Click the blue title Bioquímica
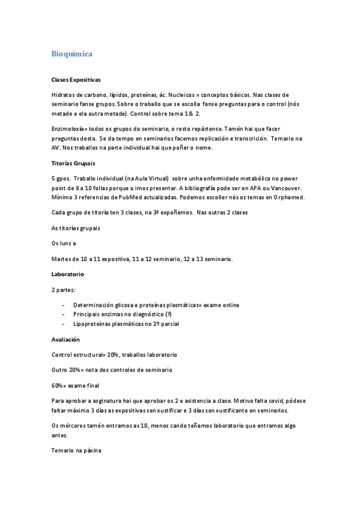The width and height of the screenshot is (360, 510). [x=72, y=54]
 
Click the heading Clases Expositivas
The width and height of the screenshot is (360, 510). [x=76, y=80]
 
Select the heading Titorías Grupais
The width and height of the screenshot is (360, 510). [x=74, y=162]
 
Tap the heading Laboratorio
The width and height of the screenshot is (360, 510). [x=68, y=274]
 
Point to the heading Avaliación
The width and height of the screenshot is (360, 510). [x=67, y=340]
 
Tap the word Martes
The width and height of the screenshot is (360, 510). [x=61, y=259]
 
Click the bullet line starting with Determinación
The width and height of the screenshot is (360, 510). [x=156, y=306]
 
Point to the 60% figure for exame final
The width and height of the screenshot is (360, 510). [x=59, y=385]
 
